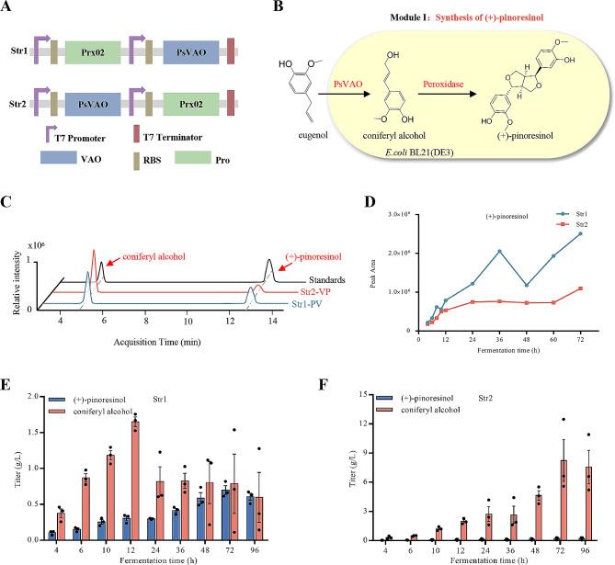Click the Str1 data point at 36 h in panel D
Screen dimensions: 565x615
(499, 252)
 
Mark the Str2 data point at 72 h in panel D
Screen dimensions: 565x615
(580, 288)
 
